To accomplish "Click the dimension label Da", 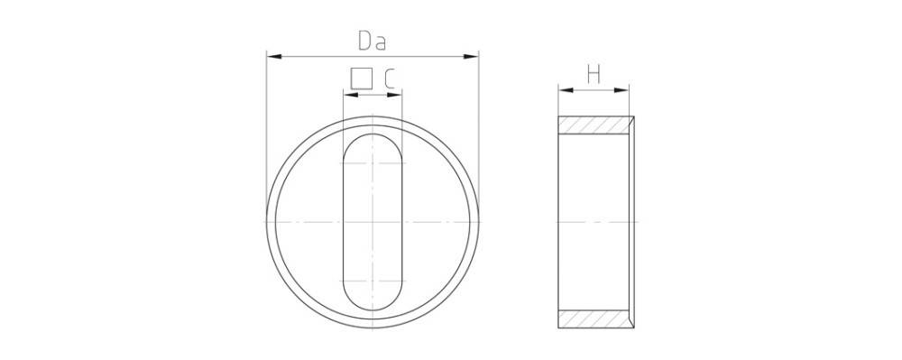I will (372, 40).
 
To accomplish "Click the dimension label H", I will (594, 74).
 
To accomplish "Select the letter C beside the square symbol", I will (389, 79).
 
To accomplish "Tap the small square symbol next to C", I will (362, 79).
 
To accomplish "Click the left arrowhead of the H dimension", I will (563, 89).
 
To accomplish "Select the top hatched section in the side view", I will (594, 125).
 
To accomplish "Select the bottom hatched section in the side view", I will (594, 318).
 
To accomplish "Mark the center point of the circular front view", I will (372, 222).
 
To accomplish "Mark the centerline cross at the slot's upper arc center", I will (372, 162).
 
